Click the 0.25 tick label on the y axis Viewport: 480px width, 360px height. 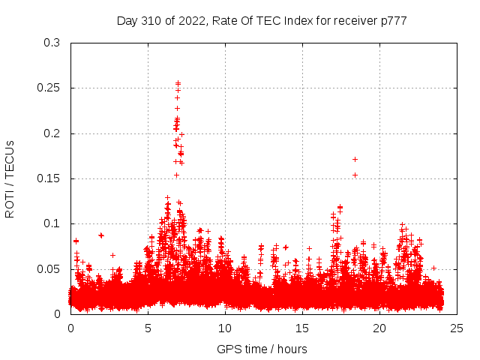[x=50, y=88]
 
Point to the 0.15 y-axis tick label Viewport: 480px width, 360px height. [x=50, y=178]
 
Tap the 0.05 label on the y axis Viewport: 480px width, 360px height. [x=50, y=268]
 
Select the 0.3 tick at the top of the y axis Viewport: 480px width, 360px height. [x=53, y=43]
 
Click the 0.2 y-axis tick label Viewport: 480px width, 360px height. [x=53, y=133]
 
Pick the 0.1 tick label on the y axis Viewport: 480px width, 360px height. [x=53, y=223]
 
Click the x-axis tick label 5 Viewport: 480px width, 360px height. [x=148, y=328]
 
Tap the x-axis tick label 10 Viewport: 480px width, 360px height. [x=225, y=328]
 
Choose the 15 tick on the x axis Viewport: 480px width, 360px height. [x=302, y=328]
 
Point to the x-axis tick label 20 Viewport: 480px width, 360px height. [x=379, y=328]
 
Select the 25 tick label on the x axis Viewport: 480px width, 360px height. [x=457, y=328]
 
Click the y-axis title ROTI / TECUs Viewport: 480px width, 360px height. [x=10, y=178]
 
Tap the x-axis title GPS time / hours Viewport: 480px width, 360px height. [x=262, y=349]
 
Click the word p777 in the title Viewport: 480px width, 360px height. [x=393, y=21]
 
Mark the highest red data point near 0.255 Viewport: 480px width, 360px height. [x=178, y=83]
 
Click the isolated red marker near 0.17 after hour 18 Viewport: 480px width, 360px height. [x=355, y=159]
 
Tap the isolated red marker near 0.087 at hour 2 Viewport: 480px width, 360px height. [x=101, y=235]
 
